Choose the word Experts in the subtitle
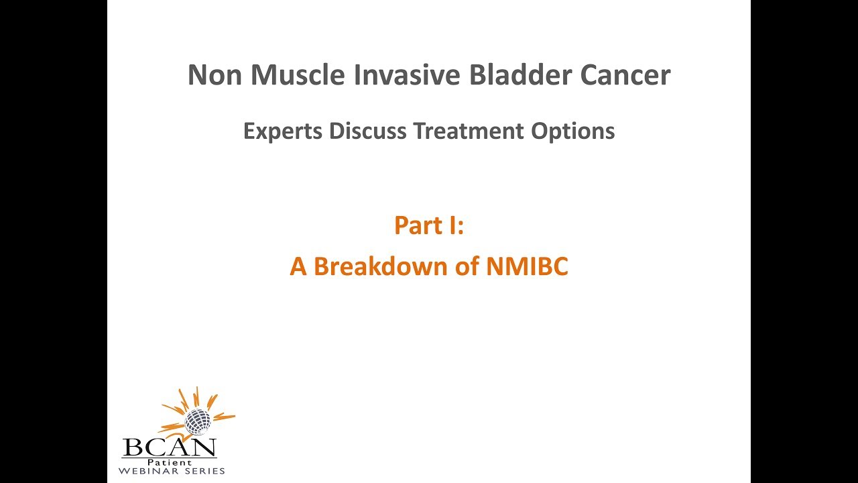(x=283, y=131)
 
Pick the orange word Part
(x=419, y=225)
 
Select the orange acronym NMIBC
(x=527, y=267)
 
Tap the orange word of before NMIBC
(x=467, y=267)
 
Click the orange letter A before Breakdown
(x=298, y=267)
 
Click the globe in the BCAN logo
(x=198, y=421)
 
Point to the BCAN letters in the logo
(x=169, y=447)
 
